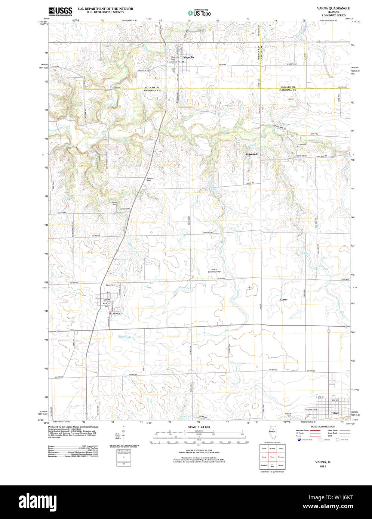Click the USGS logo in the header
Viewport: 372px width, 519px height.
click(x=60, y=11)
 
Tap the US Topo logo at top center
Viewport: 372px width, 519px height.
click(x=199, y=12)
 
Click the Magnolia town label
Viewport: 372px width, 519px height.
click(x=188, y=57)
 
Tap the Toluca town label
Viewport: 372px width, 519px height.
click(x=335, y=413)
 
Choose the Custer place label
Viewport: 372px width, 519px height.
click(x=284, y=299)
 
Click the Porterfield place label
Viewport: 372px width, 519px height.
click(x=252, y=154)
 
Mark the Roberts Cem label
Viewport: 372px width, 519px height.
click(x=150, y=179)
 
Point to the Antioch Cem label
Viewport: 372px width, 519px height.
click(x=288, y=414)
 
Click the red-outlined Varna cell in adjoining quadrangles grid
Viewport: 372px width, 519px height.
click(x=272, y=457)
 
